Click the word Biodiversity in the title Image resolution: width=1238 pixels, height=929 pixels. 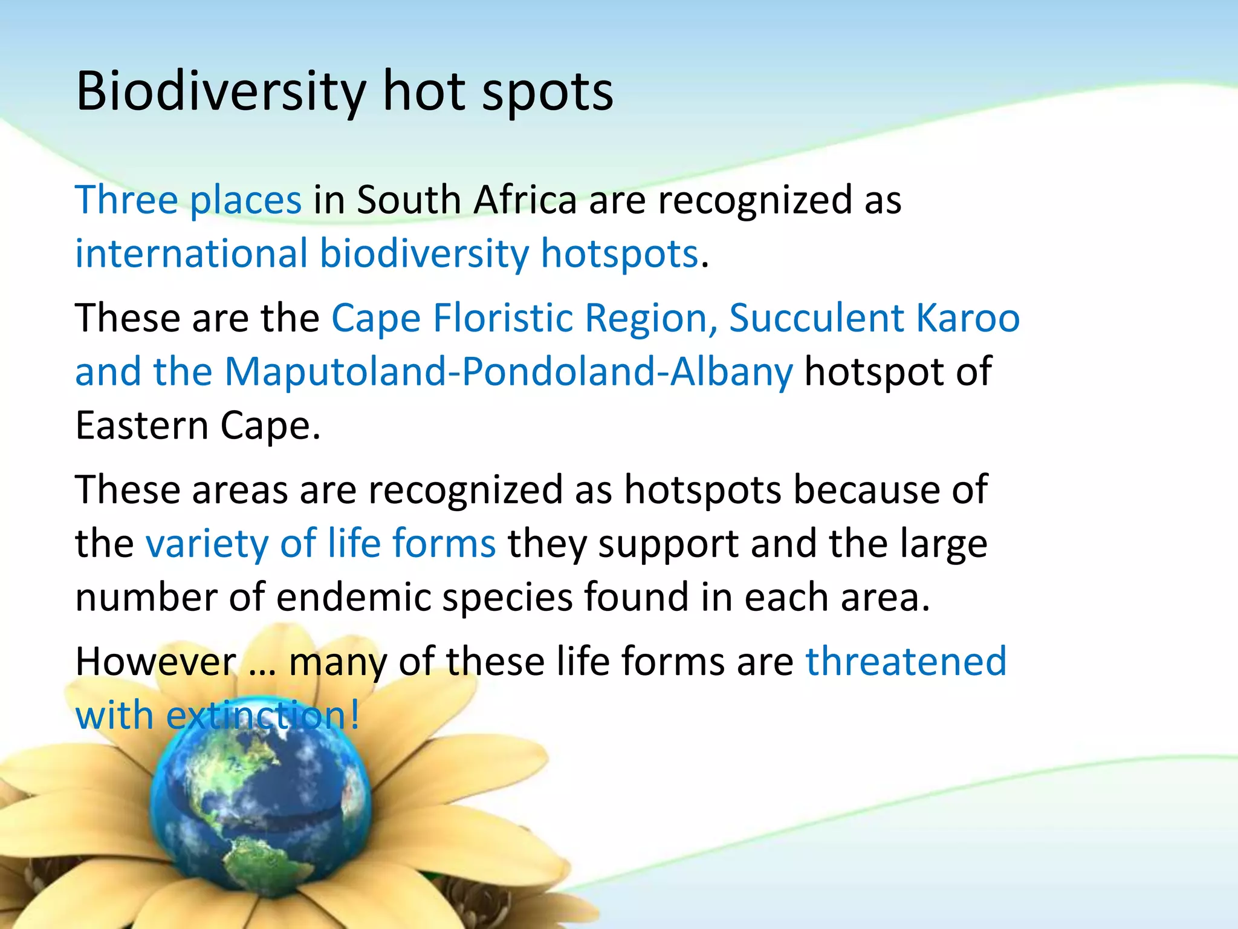click(x=221, y=92)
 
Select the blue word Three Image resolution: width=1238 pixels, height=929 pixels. click(x=126, y=200)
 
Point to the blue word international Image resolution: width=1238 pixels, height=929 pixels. click(x=192, y=253)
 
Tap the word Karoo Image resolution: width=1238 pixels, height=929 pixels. click(x=968, y=318)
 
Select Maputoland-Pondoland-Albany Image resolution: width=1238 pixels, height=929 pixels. click(x=508, y=371)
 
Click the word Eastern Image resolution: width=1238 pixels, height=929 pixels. click(x=141, y=425)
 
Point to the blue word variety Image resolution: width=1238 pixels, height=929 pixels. click(x=207, y=543)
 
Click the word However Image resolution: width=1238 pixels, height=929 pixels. click(x=156, y=661)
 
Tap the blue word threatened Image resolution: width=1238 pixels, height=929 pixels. click(x=906, y=661)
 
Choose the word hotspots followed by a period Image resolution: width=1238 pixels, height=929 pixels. click(x=620, y=253)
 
